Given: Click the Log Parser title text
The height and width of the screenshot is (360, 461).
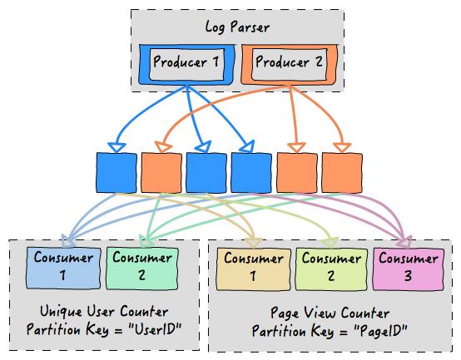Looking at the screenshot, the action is (x=237, y=27).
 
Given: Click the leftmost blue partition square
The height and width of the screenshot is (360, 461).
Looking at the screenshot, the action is (x=116, y=173).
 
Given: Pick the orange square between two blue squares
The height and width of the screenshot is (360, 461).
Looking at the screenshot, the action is (x=161, y=173).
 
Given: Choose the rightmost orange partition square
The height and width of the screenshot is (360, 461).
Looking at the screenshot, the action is (x=342, y=173).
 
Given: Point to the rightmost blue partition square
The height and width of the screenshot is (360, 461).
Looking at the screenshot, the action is (x=251, y=173).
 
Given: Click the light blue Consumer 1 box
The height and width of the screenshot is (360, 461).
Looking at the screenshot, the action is (x=63, y=268).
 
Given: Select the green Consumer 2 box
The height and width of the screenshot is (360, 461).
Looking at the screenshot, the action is (x=142, y=268).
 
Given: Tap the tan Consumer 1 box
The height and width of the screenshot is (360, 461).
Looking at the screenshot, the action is (x=254, y=269).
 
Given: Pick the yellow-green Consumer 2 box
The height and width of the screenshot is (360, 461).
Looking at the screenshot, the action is (x=331, y=269).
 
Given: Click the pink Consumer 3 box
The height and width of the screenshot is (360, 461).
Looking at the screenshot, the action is (x=408, y=269).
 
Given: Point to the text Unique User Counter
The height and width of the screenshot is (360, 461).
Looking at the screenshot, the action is (x=104, y=312).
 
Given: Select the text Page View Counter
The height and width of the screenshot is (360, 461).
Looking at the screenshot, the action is (x=330, y=313).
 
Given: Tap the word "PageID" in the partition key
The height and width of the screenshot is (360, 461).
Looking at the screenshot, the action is (x=380, y=332).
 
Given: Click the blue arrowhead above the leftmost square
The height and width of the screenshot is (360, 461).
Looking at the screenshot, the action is (x=116, y=147).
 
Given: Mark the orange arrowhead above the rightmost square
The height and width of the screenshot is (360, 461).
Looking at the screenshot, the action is (x=342, y=147).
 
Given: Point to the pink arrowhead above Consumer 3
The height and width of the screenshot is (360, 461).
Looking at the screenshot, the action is (x=404, y=241).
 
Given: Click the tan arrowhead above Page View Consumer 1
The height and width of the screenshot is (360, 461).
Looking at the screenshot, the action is (x=254, y=242).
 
